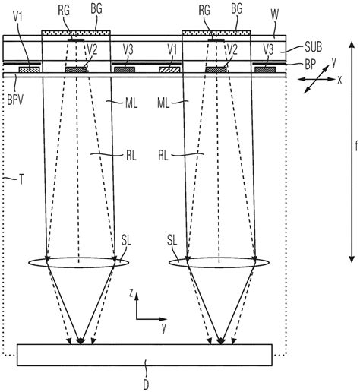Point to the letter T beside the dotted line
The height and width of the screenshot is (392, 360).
click(21, 180)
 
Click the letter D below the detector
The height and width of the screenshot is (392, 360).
click(145, 384)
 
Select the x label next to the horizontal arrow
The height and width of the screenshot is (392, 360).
click(339, 78)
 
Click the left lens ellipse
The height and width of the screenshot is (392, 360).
click(80, 265)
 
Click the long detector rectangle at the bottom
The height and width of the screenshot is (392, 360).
click(144, 355)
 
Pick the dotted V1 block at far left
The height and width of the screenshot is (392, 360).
click(29, 70)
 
